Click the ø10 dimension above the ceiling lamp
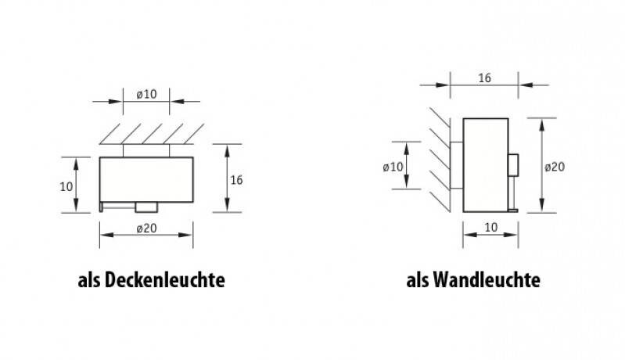coord(146,94)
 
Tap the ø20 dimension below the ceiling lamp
coord(146,229)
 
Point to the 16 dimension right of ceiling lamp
coord(237,179)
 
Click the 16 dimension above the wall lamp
coord(484,78)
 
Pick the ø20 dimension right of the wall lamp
coord(555,166)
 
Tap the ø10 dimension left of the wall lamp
coord(393,166)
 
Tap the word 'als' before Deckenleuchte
coord(89,279)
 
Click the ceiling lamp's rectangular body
coord(146,178)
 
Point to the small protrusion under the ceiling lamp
coord(146,207)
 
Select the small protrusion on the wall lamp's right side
coord(513,164)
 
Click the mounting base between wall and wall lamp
coord(458,165)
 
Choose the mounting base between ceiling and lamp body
coord(146,149)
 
